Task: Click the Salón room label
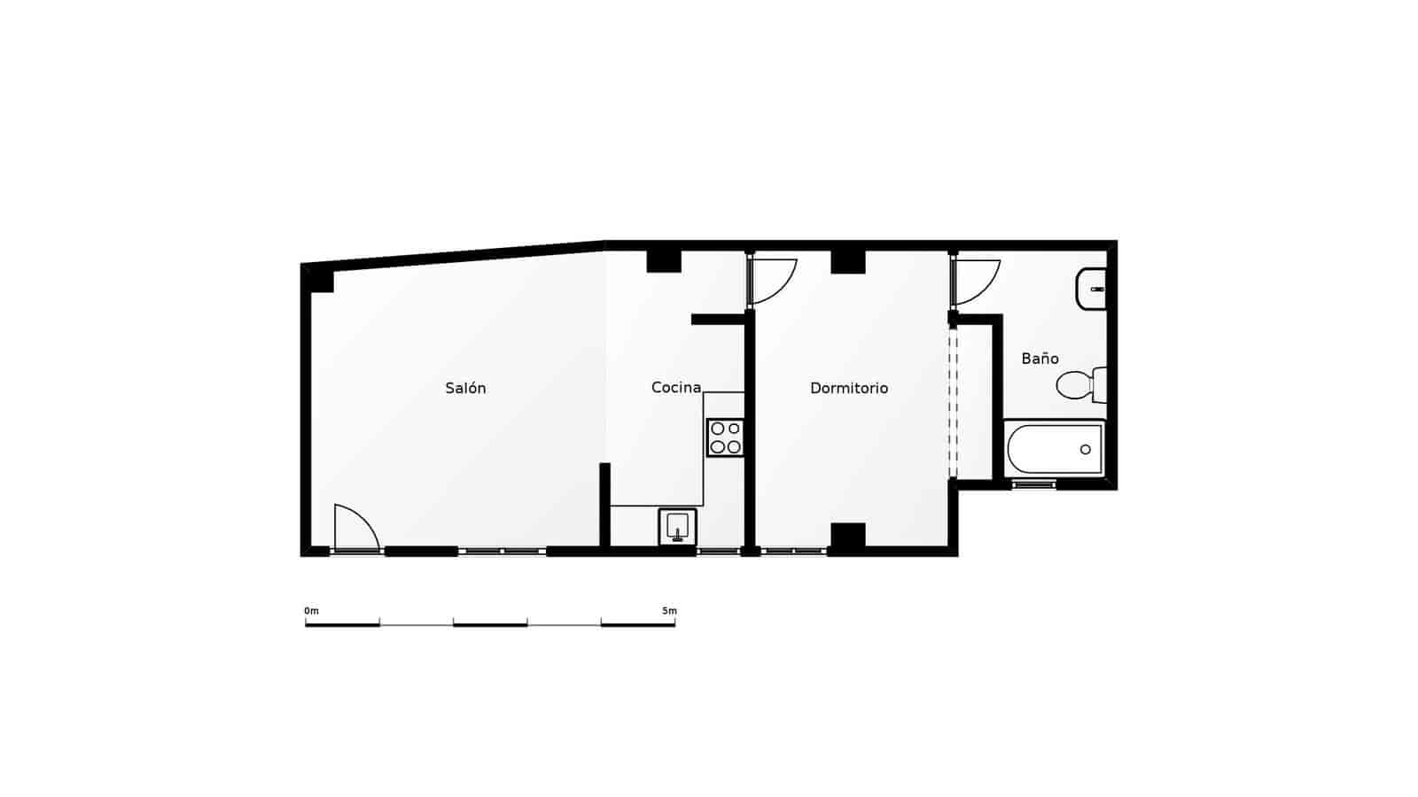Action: [465, 388]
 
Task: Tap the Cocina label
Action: [676, 387]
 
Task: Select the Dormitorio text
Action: [849, 388]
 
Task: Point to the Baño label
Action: [1040, 359]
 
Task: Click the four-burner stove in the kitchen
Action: [725, 437]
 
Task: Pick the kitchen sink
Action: [677, 526]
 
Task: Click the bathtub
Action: [1055, 450]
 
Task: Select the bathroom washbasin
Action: [1091, 290]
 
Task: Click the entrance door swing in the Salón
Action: [355, 528]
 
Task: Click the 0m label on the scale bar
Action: [311, 611]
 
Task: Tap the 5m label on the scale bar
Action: [669, 611]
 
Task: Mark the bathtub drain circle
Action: [1086, 450]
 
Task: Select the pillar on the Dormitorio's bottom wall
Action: [847, 537]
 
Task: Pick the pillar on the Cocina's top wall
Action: [663, 260]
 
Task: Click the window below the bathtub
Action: [1034, 484]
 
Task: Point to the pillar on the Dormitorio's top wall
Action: [847, 260]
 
